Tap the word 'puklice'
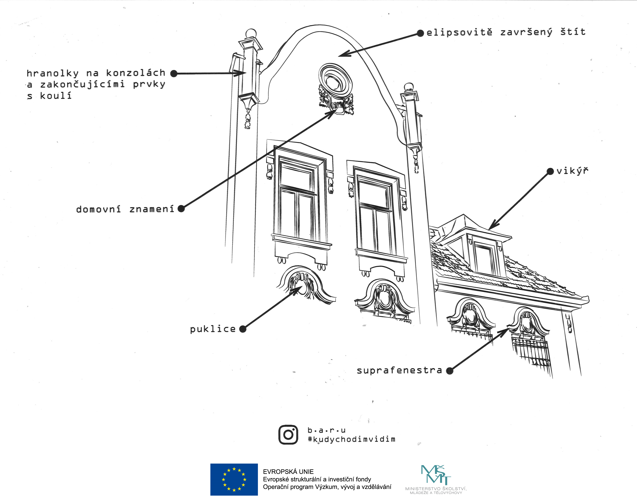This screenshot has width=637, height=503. [213, 329]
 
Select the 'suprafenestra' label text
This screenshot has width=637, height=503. [399, 370]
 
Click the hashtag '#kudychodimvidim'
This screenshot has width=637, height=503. [351, 439]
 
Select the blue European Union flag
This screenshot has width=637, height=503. [234, 479]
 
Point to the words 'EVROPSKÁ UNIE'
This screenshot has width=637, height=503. [288, 471]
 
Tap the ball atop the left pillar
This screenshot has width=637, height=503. [251, 33]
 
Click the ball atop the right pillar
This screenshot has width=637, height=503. [409, 87]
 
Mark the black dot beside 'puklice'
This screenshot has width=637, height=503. [243, 329]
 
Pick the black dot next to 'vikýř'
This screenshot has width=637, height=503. [550, 171]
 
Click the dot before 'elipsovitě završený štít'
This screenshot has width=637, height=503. [420, 33]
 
